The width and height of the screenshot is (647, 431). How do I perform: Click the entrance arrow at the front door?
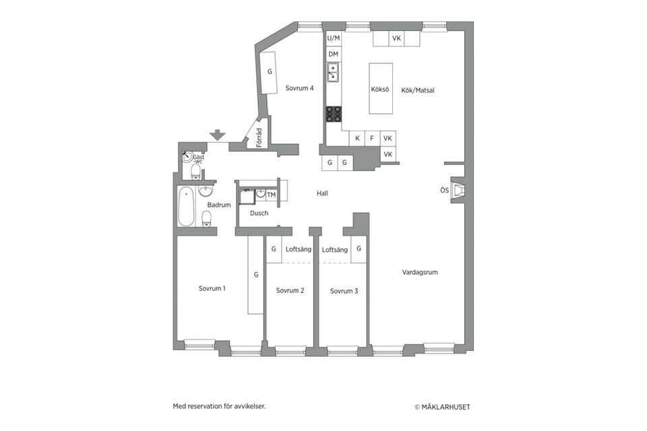pos(217,135)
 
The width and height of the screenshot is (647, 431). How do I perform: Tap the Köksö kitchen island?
pos(380,89)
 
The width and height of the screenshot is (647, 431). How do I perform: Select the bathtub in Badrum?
pos(186,207)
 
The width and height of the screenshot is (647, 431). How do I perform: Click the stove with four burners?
pos(334,114)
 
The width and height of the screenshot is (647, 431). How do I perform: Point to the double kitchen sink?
pos(333,72)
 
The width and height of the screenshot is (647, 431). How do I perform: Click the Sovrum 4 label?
pos(299,88)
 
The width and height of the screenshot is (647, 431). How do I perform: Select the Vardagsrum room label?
pos(420,273)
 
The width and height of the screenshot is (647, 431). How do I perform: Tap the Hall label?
pos(322,193)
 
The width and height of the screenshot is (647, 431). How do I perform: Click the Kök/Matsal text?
pos(418,89)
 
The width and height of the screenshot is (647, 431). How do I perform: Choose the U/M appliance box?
pos(333,38)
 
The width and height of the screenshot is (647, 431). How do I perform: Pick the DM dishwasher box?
pos(333,54)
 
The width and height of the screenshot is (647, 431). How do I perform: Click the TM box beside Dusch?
pos(272,195)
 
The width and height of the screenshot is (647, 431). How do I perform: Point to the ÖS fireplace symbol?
pos(458,191)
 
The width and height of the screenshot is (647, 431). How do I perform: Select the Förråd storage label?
pos(259,137)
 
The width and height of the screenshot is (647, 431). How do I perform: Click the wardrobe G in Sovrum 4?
pos(270,71)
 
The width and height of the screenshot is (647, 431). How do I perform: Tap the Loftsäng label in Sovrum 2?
pos(297,249)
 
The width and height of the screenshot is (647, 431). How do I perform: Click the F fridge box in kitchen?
pos(372,139)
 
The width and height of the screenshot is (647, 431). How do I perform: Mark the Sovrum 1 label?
pos(212,288)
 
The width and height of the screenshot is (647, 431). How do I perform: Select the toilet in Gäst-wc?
pos(195,173)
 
